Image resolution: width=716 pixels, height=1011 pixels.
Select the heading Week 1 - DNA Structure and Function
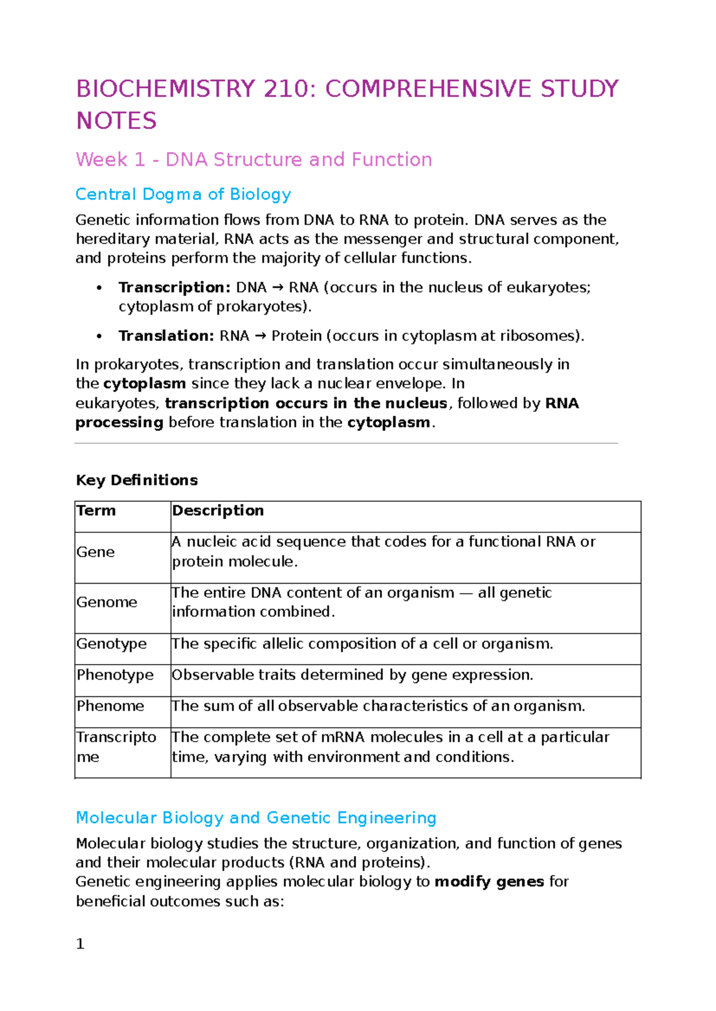pos(254,160)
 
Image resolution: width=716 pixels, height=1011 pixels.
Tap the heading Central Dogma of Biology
pos(183,194)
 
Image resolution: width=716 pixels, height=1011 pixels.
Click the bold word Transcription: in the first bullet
pos(174,287)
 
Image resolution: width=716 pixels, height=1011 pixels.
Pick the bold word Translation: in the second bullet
pos(166,336)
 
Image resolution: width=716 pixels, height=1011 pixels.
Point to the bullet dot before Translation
pos(99,336)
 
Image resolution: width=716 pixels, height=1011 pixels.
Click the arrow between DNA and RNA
pos(277,288)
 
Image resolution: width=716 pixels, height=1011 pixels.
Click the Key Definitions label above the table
pos(137,480)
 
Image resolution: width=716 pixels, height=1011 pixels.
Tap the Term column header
pos(96,511)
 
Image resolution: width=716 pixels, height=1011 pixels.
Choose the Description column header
pos(218,511)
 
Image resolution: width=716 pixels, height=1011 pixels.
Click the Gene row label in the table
pos(95,552)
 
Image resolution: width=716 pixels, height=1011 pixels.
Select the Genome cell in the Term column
pos(106,602)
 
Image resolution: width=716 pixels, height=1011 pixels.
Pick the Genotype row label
pos(112,644)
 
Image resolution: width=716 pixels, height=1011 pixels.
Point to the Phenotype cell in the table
pos(115,675)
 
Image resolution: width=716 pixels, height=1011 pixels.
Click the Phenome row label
pos(110,706)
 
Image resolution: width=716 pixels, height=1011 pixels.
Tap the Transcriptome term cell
pos(116,746)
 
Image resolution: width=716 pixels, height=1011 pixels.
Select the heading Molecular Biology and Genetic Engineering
pos(256,818)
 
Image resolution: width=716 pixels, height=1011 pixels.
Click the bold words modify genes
pos(489,882)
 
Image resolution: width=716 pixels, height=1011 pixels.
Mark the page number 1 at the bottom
pos(80,944)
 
